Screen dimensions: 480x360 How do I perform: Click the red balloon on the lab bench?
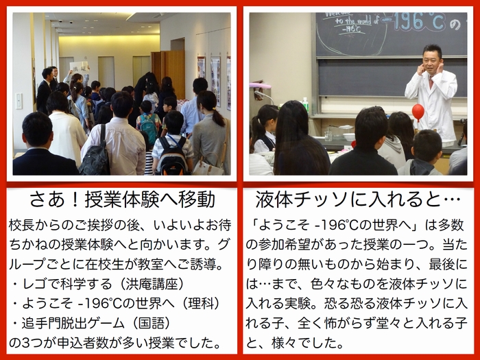[x=418, y=111]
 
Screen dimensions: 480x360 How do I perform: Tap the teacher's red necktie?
[x=431, y=82]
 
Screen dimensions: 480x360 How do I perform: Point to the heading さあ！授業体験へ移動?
[x=123, y=200]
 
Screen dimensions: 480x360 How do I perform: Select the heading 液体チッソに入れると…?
[x=358, y=200]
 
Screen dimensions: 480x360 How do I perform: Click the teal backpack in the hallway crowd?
[x=149, y=128]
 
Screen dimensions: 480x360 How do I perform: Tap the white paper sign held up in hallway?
[x=79, y=67]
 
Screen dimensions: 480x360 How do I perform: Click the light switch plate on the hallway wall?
[x=19, y=101]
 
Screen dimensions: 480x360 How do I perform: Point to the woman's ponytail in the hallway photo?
[x=217, y=116]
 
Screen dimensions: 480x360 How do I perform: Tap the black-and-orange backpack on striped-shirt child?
[x=173, y=156]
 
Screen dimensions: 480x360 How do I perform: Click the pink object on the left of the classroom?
[x=260, y=85]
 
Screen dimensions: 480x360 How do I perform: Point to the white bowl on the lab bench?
[x=348, y=136]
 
